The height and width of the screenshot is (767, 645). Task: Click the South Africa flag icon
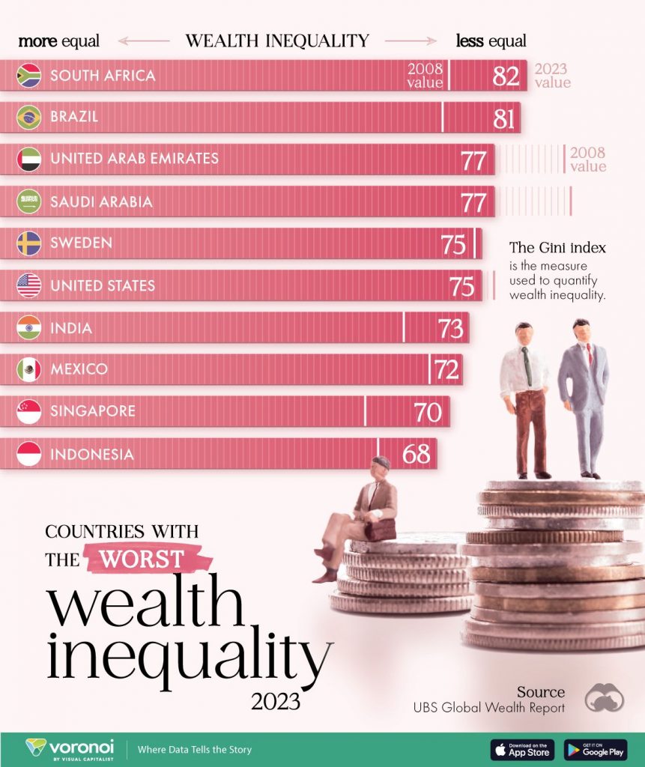pyautogui.click(x=29, y=75)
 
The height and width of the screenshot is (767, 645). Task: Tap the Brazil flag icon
pyautogui.click(x=29, y=117)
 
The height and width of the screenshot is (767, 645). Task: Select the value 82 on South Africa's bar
pyautogui.click(x=506, y=76)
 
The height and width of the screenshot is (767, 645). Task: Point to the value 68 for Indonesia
pyautogui.click(x=417, y=454)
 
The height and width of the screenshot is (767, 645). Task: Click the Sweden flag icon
pyautogui.click(x=29, y=243)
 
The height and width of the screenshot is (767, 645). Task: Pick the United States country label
pyautogui.click(x=103, y=285)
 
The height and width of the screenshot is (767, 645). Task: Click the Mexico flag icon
pyautogui.click(x=29, y=369)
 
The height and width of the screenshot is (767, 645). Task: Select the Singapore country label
pyautogui.click(x=93, y=411)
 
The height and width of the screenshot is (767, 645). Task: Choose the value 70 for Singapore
pyautogui.click(x=428, y=412)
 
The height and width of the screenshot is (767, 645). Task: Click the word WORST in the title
pyautogui.click(x=142, y=559)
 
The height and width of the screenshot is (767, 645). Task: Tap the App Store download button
pyautogui.click(x=522, y=749)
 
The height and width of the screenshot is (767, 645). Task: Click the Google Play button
pyautogui.click(x=595, y=749)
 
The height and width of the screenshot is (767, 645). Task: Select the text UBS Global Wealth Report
pyautogui.click(x=489, y=707)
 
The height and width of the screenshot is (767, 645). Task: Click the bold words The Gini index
pyautogui.click(x=557, y=248)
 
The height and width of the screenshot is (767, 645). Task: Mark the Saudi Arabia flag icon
pyautogui.click(x=29, y=201)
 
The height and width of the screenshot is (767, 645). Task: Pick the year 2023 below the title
pyautogui.click(x=276, y=701)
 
